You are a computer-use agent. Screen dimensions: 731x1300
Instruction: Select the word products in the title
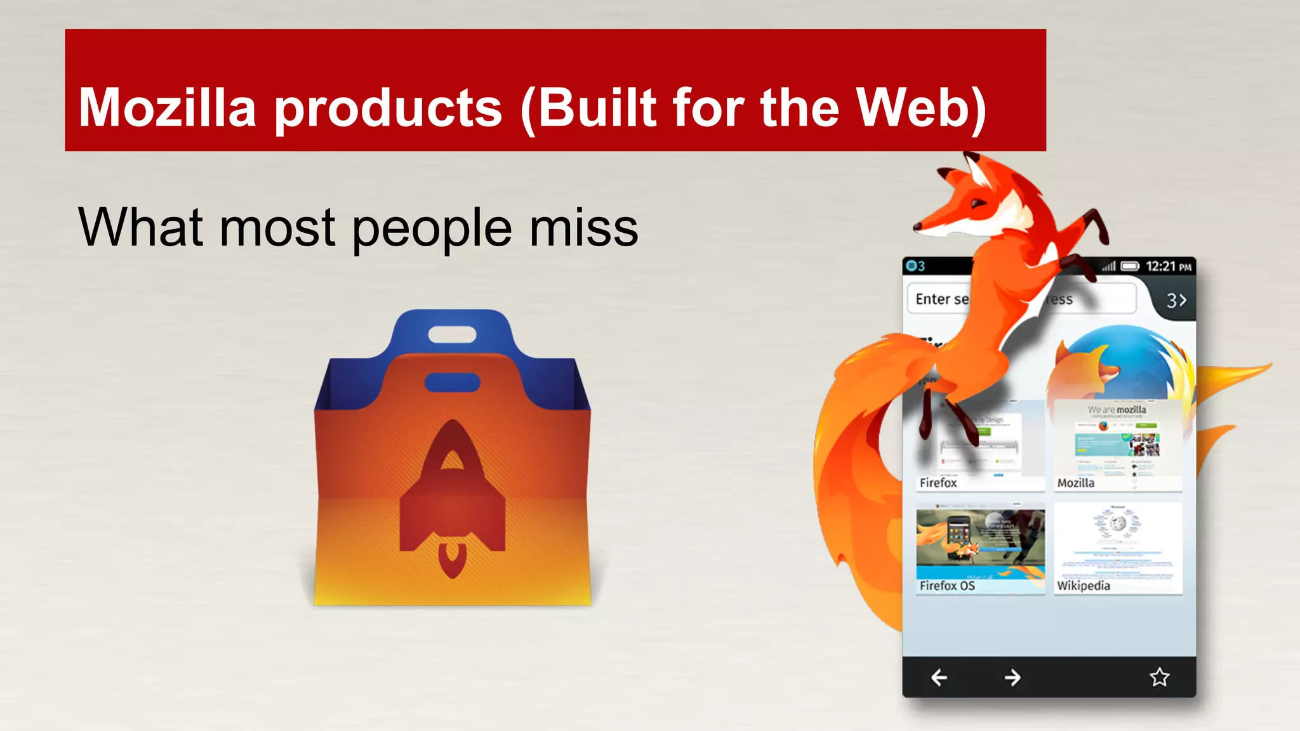(x=388, y=109)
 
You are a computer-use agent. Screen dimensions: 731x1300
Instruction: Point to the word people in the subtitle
(x=432, y=230)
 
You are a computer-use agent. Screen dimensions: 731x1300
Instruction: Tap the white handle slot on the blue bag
(x=452, y=334)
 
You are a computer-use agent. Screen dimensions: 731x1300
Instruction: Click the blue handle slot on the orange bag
(x=452, y=383)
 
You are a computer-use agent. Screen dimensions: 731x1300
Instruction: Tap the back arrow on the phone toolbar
(x=939, y=678)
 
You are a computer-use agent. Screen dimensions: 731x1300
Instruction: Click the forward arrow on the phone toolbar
(x=1012, y=678)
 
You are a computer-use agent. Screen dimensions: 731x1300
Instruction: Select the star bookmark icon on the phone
(x=1159, y=677)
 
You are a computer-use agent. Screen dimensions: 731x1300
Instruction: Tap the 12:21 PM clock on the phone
(x=1168, y=267)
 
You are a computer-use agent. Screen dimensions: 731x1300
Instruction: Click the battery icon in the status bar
(x=1130, y=267)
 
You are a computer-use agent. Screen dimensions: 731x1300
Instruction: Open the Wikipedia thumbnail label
(x=1084, y=586)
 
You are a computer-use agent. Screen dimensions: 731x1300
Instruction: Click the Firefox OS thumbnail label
(x=947, y=586)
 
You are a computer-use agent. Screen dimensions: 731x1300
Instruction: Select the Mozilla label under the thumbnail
(x=1076, y=483)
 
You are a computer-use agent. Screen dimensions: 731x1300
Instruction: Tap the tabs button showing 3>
(x=1176, y=300)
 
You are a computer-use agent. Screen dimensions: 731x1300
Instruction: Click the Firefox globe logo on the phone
(x=1120, y=362)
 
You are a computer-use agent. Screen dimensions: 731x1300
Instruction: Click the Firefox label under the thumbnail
(x=938, y=483)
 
